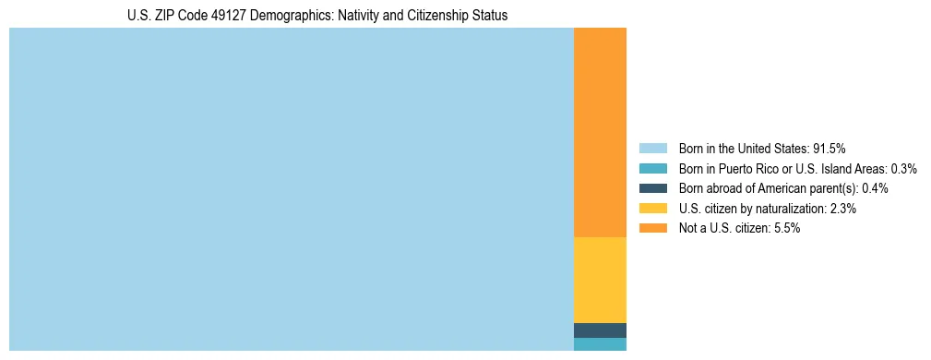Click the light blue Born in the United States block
coord(291,189)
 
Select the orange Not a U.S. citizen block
coord(600,133)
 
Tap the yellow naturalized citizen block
coord(600,280)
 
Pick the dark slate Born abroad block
coord(600,330)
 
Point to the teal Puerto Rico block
coord(600,344)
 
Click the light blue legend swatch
coord(652,149)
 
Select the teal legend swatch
coord(652,169)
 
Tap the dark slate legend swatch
coord(652,188)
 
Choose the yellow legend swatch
coord(652,209)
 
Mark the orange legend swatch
coord(652,228)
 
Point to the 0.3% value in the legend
coord(903,169)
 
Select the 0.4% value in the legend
coord(875,188)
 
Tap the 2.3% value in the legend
coord(842,209)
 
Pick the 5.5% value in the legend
coord(786,228)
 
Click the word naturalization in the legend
coord(791,209)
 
